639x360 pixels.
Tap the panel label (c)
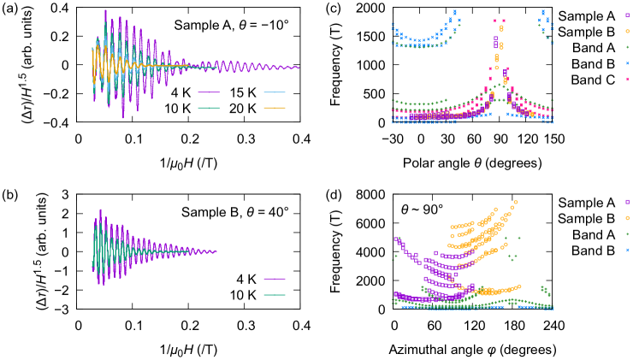pos(352,8)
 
